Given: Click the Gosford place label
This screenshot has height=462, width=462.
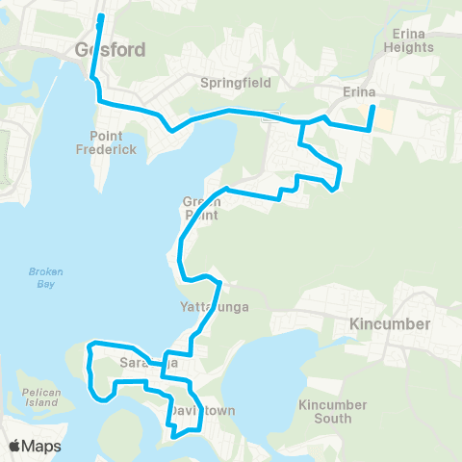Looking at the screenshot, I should (110, 49).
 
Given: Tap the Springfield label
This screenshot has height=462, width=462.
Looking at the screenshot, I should (235, 83).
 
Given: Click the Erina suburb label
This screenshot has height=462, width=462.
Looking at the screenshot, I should (359, 93).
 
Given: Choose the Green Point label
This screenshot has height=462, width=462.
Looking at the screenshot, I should (201, 208).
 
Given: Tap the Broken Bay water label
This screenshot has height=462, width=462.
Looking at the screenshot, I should (44, 278).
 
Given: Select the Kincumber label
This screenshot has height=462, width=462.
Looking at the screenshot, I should (390, 323).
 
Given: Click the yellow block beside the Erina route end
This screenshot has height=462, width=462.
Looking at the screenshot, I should (383, 119).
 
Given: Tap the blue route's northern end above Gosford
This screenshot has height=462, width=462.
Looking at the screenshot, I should (101, 17).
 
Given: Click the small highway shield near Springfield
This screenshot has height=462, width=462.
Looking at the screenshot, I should (274, 116).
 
